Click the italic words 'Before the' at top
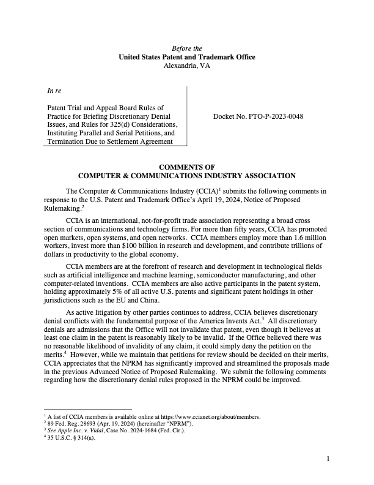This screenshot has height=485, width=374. click(x=187, y=48)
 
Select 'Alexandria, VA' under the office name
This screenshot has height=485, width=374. click(x=187, y=66)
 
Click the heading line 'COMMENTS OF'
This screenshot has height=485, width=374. click(x=187, y=167)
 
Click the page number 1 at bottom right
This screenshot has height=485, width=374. click(x=328, y=458)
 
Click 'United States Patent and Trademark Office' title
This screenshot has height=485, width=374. click(x=187, y=57)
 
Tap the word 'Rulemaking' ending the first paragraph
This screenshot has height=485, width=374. click(x=64, y=208)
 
